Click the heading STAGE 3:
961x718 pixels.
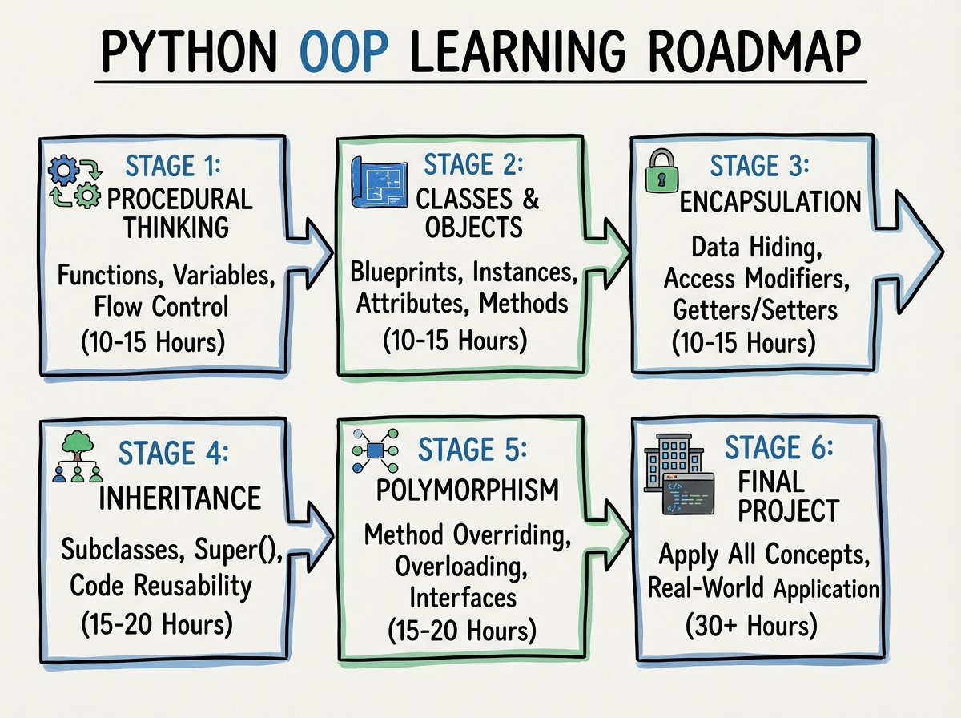point(760,167)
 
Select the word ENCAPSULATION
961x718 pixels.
point(770,201)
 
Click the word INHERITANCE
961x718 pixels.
point(180,498)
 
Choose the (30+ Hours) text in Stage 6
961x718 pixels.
point(751,624)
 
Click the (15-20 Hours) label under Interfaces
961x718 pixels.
point(461,631)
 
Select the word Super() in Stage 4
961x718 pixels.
point(236,552)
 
